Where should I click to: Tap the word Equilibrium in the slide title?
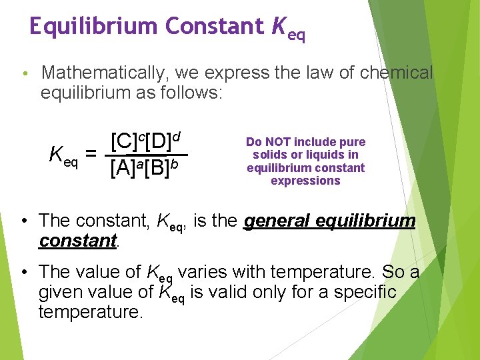click(93, 26)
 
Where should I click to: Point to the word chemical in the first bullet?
click(396, 72)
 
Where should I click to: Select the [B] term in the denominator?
click(158, 167)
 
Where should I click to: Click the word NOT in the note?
click(275, 142)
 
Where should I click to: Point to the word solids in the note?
click(269, 155)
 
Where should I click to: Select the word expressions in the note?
click(305, 181)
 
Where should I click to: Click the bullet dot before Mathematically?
click(23, 73)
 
